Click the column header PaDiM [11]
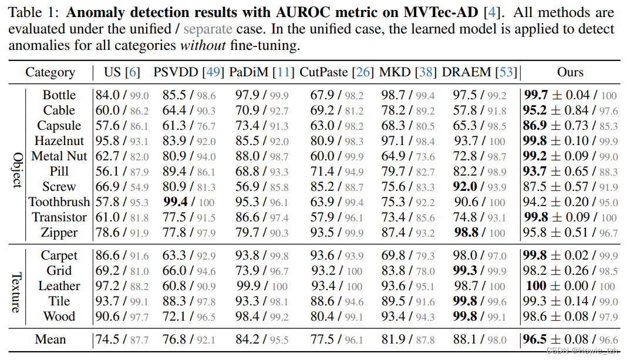click(x=260, y=72)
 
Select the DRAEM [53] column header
click(x=480, y=72)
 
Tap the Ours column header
click(x=570, y=72)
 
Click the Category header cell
click(x=50, y=72)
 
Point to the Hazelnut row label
click(x=59, y=141)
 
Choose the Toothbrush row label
click(x=59, y=202)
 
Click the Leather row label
click(x=59, y=286)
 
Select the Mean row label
click(x=50, y=339)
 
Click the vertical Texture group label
click(x=16, y=286)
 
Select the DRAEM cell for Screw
click(x=480, y=187)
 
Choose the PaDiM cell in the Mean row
click(x=260, y=339)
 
